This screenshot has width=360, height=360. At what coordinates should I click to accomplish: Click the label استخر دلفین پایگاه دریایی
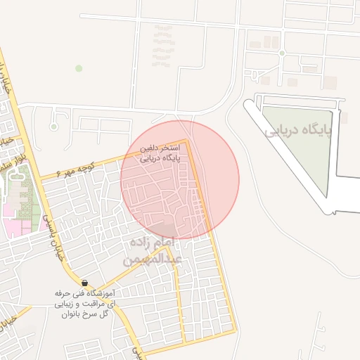[161, 153]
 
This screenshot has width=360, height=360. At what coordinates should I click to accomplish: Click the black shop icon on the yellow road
[84, 283]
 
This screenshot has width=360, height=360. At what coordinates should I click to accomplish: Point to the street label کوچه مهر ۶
[67, 172]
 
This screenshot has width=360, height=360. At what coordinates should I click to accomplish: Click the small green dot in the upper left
[79, 68]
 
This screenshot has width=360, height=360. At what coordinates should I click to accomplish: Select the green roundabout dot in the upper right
[281, 53]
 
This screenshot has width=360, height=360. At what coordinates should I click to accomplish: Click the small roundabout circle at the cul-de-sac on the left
[53, 127]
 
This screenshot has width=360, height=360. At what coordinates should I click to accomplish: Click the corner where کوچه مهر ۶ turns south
[187, 141]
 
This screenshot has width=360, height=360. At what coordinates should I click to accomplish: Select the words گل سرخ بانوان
[85, 314]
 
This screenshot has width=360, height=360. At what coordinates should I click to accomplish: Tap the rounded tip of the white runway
[248, 105]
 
